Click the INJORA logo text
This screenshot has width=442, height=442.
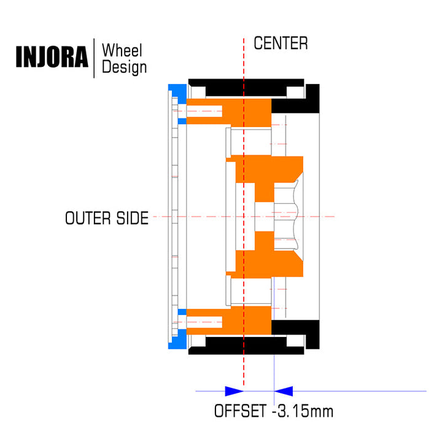point(52,56)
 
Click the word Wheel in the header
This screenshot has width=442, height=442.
point(122,50)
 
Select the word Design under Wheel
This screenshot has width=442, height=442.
point(124,68)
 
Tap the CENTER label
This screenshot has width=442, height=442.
point(281,44)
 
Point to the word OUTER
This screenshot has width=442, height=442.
point(88,218)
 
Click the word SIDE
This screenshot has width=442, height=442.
point(133,218)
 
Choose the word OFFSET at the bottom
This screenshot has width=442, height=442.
point(240,411)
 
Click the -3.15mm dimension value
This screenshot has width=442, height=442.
point(303,411)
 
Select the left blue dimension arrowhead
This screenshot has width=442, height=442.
point(235,391)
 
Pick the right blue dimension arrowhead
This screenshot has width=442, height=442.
point(284,391)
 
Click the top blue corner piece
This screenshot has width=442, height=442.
point(177,94)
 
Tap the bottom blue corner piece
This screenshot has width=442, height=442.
point(177,339)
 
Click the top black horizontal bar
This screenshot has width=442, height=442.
point(246,87)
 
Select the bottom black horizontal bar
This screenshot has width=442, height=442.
point(246,346)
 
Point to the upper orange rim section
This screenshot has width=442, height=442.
point(229,112)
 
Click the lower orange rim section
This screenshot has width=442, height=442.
point(229,320)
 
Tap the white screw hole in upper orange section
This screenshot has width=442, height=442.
point(204,111)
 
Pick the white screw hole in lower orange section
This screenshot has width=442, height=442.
point(204,322)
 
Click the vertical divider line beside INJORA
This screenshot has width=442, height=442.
point(94,58)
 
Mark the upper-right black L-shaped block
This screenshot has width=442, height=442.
point(295,99)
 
